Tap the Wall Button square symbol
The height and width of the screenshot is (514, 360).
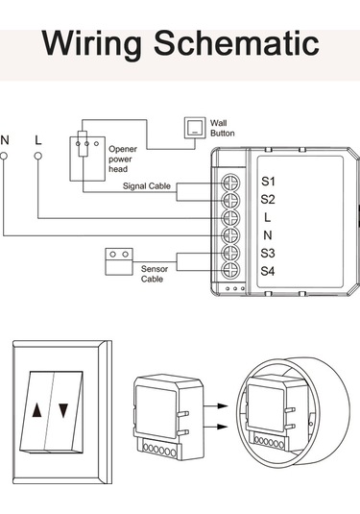(194, 126)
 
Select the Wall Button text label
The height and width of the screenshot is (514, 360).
(222, 127)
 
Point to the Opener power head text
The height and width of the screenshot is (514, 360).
(125, 159)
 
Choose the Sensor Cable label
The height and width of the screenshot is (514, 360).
(154, 275)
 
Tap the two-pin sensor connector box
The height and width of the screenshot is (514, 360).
(119, 257)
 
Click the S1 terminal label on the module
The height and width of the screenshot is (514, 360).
(268, 181)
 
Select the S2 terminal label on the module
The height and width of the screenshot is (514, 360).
(268, 199)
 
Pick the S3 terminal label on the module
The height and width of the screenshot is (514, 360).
(268, 253)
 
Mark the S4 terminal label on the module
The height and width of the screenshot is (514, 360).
(268, 271)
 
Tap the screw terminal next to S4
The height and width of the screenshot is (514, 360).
(231, 270)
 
